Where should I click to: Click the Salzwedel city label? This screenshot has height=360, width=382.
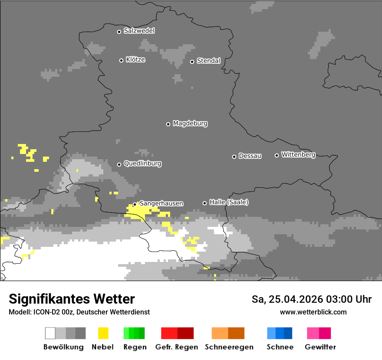click(139, 31)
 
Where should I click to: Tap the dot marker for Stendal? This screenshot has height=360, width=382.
click(192, 62)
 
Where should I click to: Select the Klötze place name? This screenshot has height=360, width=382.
click(135, 59)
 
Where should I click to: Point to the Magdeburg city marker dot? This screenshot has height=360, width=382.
click(168, 124)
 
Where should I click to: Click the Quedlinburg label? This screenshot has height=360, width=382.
click(142, 164)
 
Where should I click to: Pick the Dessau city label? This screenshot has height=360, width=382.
click(250, 156)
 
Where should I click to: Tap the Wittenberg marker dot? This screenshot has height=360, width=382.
click(277, 155)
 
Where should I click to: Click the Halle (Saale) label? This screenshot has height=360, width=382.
click(229, 202)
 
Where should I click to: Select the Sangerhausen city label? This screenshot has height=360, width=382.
click(161, 203)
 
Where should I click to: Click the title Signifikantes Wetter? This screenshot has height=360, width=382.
click(72, 299)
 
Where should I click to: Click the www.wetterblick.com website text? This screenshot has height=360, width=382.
click(313, 312)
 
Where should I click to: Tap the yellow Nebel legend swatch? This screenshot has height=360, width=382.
click(103, 333)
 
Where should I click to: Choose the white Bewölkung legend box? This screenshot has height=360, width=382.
click(50, 333)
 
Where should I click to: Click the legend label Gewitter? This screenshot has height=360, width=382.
click(320, 347)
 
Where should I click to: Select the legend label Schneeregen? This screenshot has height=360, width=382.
click(229, 347)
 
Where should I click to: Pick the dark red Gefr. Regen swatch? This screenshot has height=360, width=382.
click(185, 333)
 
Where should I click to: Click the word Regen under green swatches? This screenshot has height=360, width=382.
click(135, 347)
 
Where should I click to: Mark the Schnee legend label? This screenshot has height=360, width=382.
click(280, 347)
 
